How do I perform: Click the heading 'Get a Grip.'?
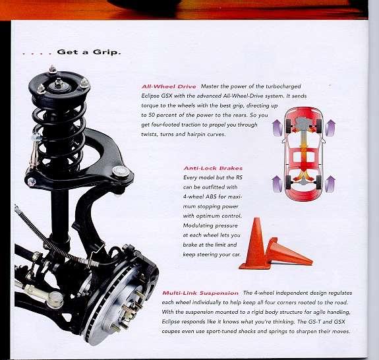click(89, 52)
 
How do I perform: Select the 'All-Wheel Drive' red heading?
click(169, 86)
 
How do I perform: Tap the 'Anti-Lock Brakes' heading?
click(213, 168)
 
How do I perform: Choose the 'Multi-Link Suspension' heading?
click(200, 293)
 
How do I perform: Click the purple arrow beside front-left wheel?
click(277, 128)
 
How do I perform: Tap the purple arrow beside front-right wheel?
click(330, 128)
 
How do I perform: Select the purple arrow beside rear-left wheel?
click(277, 184)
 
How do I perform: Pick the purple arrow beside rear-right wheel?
click(330, 184)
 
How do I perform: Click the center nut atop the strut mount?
click(58, 83)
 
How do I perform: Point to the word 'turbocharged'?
click(283, 86)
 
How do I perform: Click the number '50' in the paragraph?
click(152, 115)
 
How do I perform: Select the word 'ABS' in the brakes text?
click(211, 196)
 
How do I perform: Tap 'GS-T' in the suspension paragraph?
click(314, 322)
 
